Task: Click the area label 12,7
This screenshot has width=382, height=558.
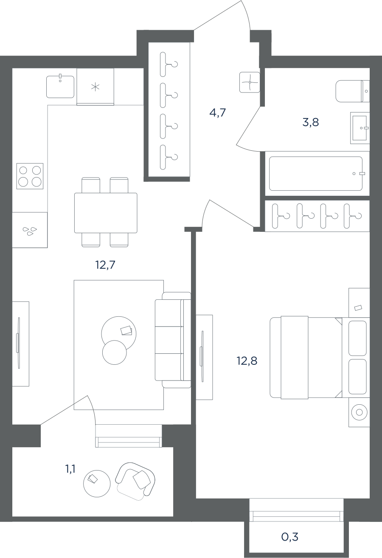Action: coord(105,265)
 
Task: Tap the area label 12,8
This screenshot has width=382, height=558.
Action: coord(247,361)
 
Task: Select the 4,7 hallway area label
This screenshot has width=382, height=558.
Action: coord(218,113)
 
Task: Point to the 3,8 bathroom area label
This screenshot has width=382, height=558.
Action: coord(311,122)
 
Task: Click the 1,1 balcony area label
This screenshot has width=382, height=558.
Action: coord(70,469)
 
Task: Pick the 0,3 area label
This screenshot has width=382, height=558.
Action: coord(290,537)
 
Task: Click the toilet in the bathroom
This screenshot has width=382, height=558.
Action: coord(352,91)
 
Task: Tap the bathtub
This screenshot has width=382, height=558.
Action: coord(316,173)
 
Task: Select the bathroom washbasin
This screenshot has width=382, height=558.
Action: coord(360,128)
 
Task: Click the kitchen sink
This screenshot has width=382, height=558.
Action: coord(60,87)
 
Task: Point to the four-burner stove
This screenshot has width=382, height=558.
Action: coord(30,176)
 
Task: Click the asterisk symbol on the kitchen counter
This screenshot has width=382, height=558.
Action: coord(95,87)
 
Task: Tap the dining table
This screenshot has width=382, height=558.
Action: coord(106,213)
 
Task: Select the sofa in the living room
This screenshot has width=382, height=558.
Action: coord(173,340)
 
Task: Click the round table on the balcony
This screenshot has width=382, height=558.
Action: coord(97,484)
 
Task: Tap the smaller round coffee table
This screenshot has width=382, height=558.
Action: coord(114,352)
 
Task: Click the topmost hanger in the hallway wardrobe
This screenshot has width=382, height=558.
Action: coord(169,64)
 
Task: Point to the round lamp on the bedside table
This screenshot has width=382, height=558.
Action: coord(359,412)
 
